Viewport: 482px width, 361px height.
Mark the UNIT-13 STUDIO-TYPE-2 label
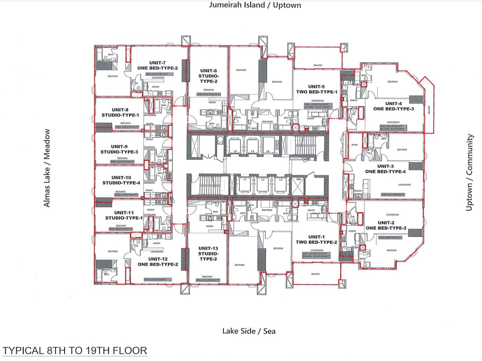tap(208, 254)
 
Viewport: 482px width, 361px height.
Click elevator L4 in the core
tap(233, 146)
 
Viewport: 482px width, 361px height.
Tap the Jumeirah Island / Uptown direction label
tap(255, 5)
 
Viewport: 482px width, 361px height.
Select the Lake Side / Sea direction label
tap(249, 331)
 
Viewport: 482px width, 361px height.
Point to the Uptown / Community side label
tap(469, 172)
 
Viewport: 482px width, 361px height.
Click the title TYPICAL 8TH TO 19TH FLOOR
tap(75, 351)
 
